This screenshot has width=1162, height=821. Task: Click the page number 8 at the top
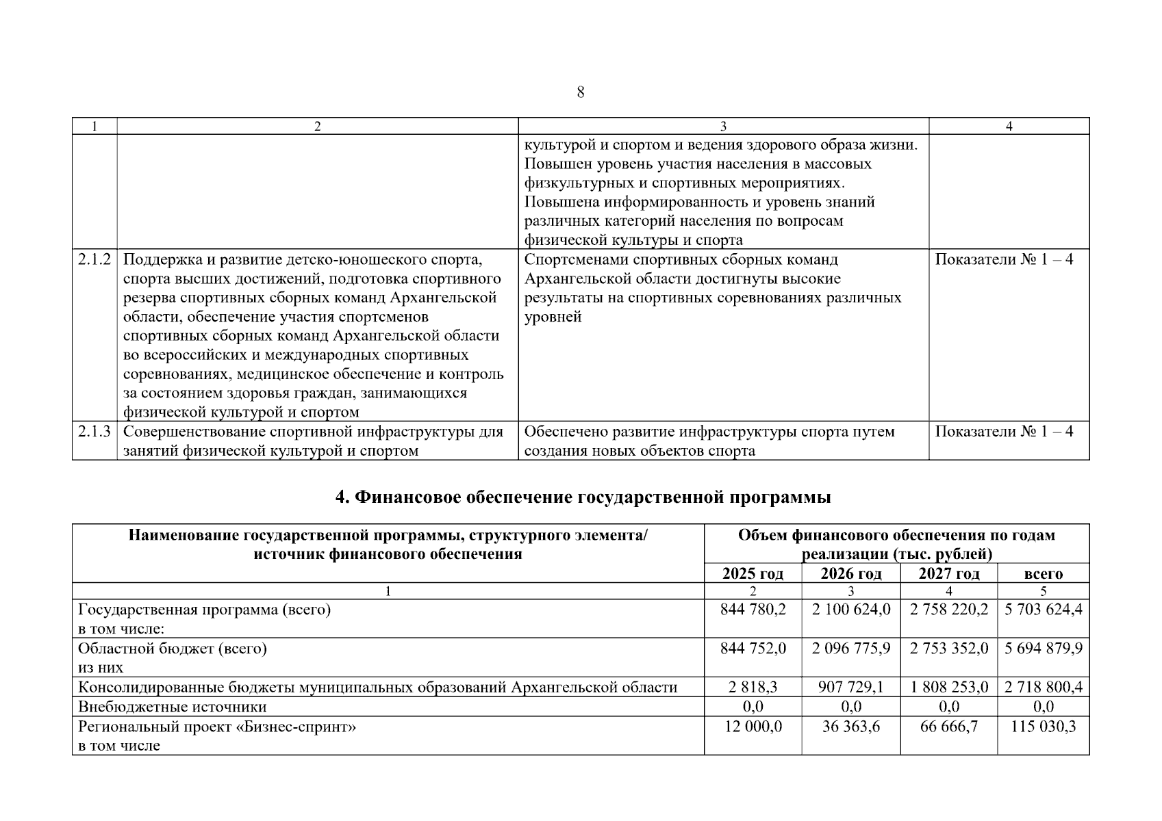581,92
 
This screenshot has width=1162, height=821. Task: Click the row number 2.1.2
94,259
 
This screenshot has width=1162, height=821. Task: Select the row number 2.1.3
94,432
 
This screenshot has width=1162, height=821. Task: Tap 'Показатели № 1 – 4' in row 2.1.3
1004,432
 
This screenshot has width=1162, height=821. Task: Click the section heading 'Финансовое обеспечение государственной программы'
583,497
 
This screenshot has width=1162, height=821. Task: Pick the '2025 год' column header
753,573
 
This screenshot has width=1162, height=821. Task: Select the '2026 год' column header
851,573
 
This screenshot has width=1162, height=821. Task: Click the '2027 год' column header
949,573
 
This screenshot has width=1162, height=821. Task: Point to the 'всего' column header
1043,573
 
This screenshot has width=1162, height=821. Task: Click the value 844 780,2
753,609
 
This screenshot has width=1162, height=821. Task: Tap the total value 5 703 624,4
1044,609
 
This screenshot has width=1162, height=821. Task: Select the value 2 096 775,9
851,648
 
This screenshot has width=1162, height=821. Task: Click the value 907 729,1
851,687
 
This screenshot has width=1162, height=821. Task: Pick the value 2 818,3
753,687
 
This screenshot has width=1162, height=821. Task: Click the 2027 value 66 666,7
949,726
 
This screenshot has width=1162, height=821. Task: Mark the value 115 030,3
1044,726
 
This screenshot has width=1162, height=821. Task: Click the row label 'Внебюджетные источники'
173,707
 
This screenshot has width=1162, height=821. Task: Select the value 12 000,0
753,726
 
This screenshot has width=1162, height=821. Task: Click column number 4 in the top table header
1009,126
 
